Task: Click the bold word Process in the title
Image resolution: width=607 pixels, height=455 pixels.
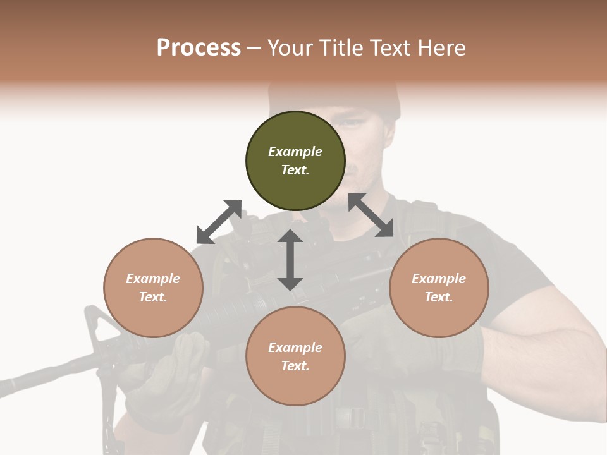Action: [199, 48]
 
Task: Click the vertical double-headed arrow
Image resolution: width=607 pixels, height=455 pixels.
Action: [290, 260]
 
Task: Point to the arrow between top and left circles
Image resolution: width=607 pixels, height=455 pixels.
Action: [219, 222]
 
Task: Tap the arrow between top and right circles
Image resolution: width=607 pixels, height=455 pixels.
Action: [371, 215]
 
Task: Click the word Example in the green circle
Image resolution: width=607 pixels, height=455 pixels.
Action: [295, 152]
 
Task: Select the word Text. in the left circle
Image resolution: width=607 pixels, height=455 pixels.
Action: [153, 297]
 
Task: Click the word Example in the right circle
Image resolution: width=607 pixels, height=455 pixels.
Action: [439, 279]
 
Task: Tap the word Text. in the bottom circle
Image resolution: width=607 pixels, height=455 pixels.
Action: [295, 366]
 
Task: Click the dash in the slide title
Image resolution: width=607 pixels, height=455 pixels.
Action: [254, 49]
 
